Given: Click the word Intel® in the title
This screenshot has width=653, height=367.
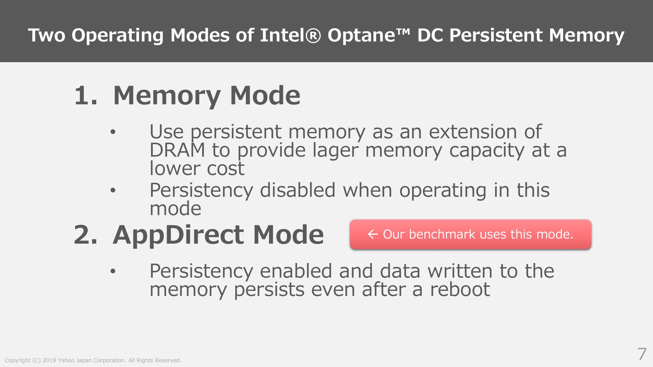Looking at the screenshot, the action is click(290, 35).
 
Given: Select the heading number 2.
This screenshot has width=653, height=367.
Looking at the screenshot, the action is click(85, 235).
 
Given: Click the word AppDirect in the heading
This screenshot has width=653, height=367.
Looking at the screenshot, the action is click(178, 235).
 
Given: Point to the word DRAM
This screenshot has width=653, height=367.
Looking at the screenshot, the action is click(177, 150).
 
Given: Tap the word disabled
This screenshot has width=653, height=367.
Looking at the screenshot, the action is click(298, 190).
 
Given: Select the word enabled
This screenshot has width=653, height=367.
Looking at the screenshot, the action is click(296, 271).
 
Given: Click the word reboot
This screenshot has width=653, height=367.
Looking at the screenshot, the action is click(460, 290).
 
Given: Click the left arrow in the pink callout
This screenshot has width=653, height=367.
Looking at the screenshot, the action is click(373, 234).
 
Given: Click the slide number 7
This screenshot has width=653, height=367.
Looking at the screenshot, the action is click(642, 354).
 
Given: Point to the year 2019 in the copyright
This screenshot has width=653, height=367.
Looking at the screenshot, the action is click(49, 361).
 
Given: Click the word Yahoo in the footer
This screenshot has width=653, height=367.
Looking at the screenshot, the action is click(66, 361).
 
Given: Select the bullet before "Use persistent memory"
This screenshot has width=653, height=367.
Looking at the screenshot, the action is click(113, 132).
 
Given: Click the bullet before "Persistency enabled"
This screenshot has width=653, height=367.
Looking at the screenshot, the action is click(113, 271).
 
